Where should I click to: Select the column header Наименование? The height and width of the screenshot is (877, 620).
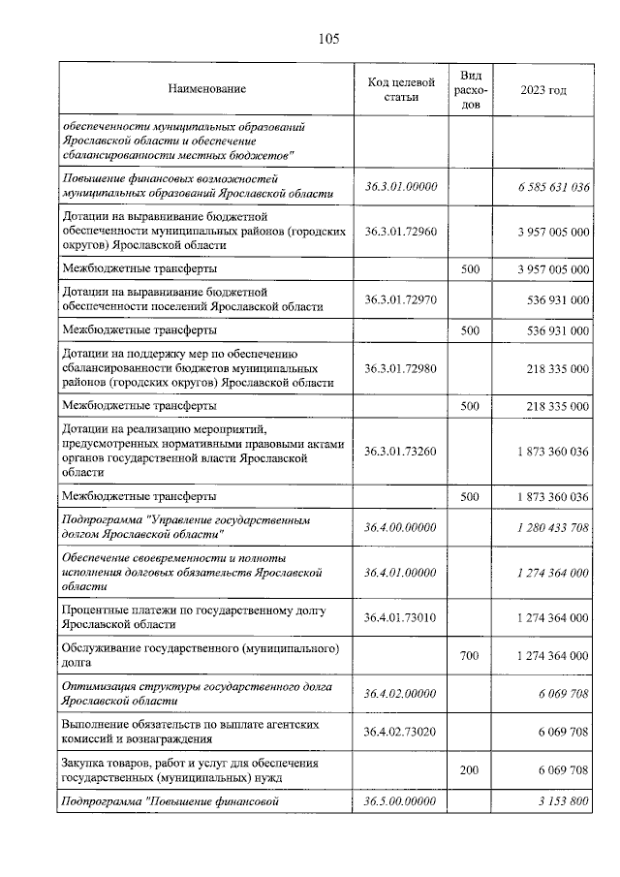(x=206, y=89)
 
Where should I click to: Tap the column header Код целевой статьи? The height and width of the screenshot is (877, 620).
(x=401, y=89)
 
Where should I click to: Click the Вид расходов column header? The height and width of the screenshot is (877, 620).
(x=470, y=89)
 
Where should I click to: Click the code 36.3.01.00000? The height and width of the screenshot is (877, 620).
(x=401, y=187)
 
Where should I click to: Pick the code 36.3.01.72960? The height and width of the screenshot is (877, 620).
(x=401, y=232)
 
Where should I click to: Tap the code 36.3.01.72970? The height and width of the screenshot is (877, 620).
(x=401, y=299)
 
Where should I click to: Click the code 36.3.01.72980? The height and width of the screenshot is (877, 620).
(x=401, y=368)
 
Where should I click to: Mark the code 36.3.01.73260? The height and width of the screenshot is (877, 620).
(x=401, y=451)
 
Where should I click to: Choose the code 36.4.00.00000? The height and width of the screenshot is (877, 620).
(x=401, y=527)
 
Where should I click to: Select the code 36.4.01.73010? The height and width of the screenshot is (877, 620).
(x=401, y=617)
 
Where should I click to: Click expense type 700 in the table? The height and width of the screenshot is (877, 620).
(x=470, y=656)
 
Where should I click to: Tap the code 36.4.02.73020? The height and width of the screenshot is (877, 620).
(x=401, y=732)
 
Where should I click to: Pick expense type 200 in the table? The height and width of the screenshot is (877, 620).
(x=470, y=770)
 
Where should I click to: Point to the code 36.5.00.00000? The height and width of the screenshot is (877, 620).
(x=401, y=802)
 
